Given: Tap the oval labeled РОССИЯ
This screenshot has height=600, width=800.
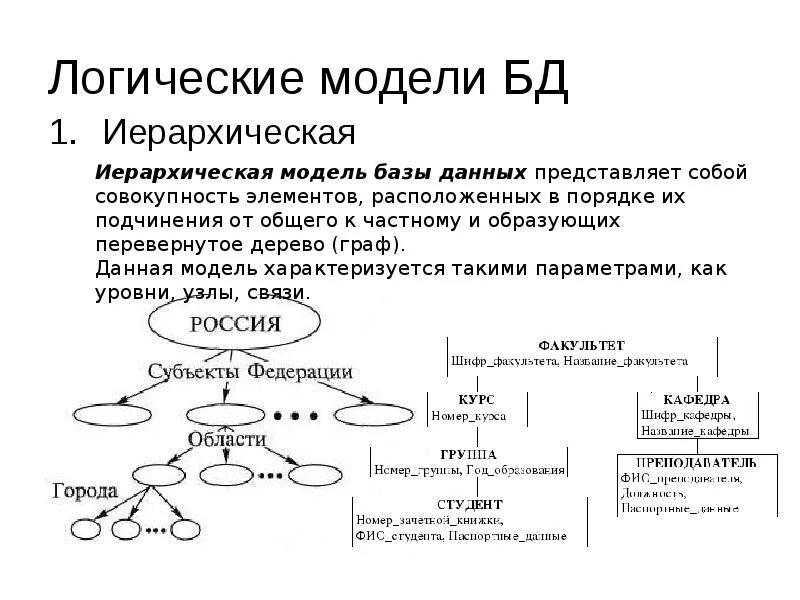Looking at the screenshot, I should point(235,324).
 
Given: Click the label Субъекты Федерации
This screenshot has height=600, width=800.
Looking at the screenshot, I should point(250,372).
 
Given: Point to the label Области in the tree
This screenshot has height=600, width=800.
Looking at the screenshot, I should point(226,438).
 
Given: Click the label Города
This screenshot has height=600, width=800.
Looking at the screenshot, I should point(85,491).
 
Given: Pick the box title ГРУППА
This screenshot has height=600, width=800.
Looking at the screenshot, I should point(469,453).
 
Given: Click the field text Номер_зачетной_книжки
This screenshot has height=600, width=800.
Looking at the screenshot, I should point(430,520).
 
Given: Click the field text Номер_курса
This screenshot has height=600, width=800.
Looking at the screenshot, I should point(469,414).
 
